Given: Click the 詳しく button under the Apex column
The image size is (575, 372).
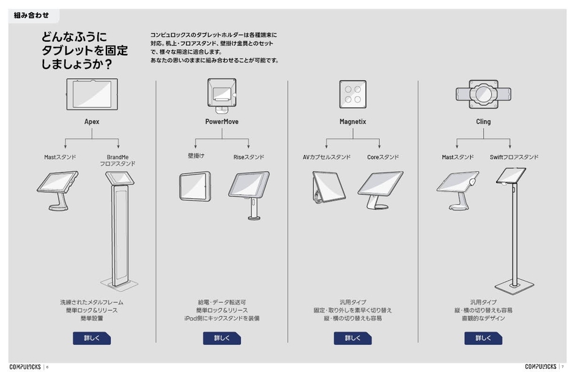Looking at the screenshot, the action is [92, 338].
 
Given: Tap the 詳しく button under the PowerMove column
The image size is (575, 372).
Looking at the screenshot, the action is [222, 338].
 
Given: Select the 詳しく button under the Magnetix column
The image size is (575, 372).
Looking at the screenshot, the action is [352, 338].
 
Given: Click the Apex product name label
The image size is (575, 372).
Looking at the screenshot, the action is [92, 121].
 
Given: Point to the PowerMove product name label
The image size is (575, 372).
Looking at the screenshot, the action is [222, 121].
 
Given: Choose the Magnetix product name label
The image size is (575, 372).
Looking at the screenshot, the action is [353, 121].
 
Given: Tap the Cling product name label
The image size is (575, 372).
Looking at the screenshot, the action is [483, 121].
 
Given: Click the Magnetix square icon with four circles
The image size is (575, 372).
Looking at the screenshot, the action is [353, 94].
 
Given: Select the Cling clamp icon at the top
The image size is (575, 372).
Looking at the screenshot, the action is [483, 94].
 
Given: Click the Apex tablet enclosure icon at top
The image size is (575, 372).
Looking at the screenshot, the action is [92, 94].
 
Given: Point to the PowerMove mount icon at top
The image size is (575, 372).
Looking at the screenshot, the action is [222, 95].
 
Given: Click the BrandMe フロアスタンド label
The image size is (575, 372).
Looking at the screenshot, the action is [117, 160].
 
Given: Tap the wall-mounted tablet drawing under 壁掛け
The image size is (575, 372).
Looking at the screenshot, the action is [195, 187].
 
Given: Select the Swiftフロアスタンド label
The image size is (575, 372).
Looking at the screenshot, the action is [514, 157].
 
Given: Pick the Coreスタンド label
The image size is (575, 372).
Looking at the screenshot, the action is [383, 157].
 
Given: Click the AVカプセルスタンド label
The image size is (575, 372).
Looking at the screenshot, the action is [327, 157].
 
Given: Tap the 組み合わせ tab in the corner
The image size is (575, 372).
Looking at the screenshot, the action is [32, 15].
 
